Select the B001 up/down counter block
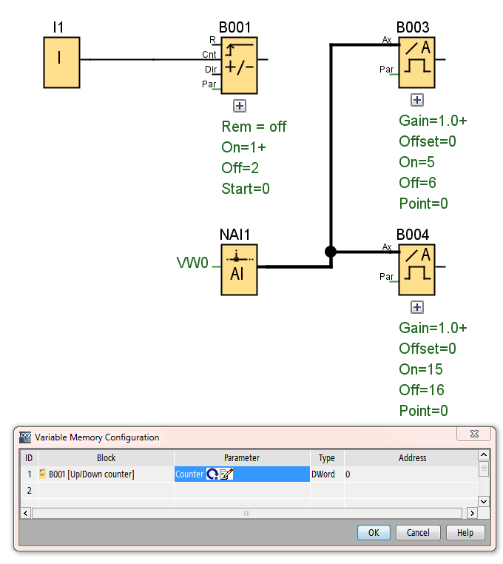pyautogui.click(x=239, y=65)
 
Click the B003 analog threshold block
pyautogui.click(x=417, y=62)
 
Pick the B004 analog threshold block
pyautogui.click(x=417, y=269)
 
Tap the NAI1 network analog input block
pyautogui.click(x=239, y=269)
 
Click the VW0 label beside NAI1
pyautogui.click(x=192, y=263)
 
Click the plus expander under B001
pyautogui.click(x=239, y=106)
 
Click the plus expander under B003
pyautogui.click(x=417, y=100)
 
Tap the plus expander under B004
pyautogui.click(x=417, y=307)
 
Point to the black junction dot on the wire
pyautogui.click(x=331, y=252)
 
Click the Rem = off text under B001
pyautogui.click(x=254, y=127)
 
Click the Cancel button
pyautogui.click(x=418, y=532)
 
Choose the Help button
pyautogui.click(x=465, y=532)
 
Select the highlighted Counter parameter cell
pyautogui.click(x=242, y=474)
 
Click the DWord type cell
pyautogui.click(x=326, y=474)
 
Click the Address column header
pyautogui.click(x=412, y=458)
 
